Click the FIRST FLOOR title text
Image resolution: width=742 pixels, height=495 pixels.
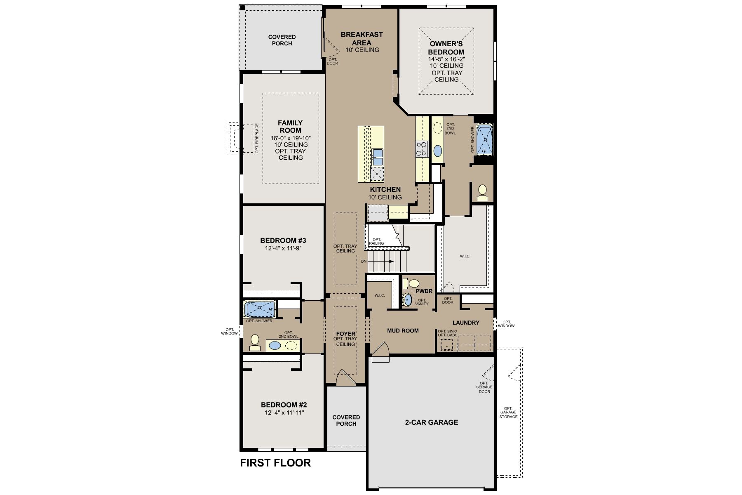pos(275,463)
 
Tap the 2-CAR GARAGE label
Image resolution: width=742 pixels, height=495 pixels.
pos(431,422)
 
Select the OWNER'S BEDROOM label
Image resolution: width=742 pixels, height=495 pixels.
pos(446,48)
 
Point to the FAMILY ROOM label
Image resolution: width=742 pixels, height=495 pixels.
pos(290,126)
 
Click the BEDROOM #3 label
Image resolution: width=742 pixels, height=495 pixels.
pos(283,240)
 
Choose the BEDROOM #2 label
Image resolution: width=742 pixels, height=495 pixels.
pos(284,405)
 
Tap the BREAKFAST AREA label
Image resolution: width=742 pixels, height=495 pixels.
pos(362,39)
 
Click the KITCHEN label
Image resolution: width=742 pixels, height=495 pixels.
pos(385,190)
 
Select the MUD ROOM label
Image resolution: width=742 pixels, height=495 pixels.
pos(403,330)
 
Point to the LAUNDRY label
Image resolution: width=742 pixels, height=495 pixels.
pos(466,323)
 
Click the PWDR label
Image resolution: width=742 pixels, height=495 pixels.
pos(424,291)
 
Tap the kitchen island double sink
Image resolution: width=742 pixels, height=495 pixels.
pos(378,157)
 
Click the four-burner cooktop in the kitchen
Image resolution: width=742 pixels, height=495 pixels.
pos(422,149)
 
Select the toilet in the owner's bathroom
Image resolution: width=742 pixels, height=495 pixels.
pos(482,193)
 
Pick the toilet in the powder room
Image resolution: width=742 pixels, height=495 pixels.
pos(411,283)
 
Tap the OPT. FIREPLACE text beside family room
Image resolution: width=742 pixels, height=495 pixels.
pos(256,139)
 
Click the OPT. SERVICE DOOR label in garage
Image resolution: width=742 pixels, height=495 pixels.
pos(484,387)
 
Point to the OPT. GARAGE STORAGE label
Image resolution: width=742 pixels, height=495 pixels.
pos(508,412)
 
